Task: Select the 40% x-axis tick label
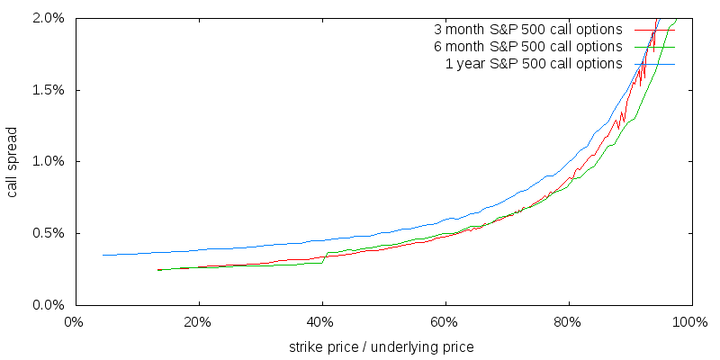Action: [321, 322]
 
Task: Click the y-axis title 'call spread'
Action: [13, 161]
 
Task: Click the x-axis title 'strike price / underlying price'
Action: [382, 346]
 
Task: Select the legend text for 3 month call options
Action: [528, 30]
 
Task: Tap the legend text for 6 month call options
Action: [528, 47]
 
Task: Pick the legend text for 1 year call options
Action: [534, 64]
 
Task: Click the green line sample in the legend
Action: [654, 47]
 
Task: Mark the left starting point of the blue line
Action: [103, 255]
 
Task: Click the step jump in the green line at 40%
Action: [324, 258]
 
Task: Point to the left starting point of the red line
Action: [158, 269]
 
